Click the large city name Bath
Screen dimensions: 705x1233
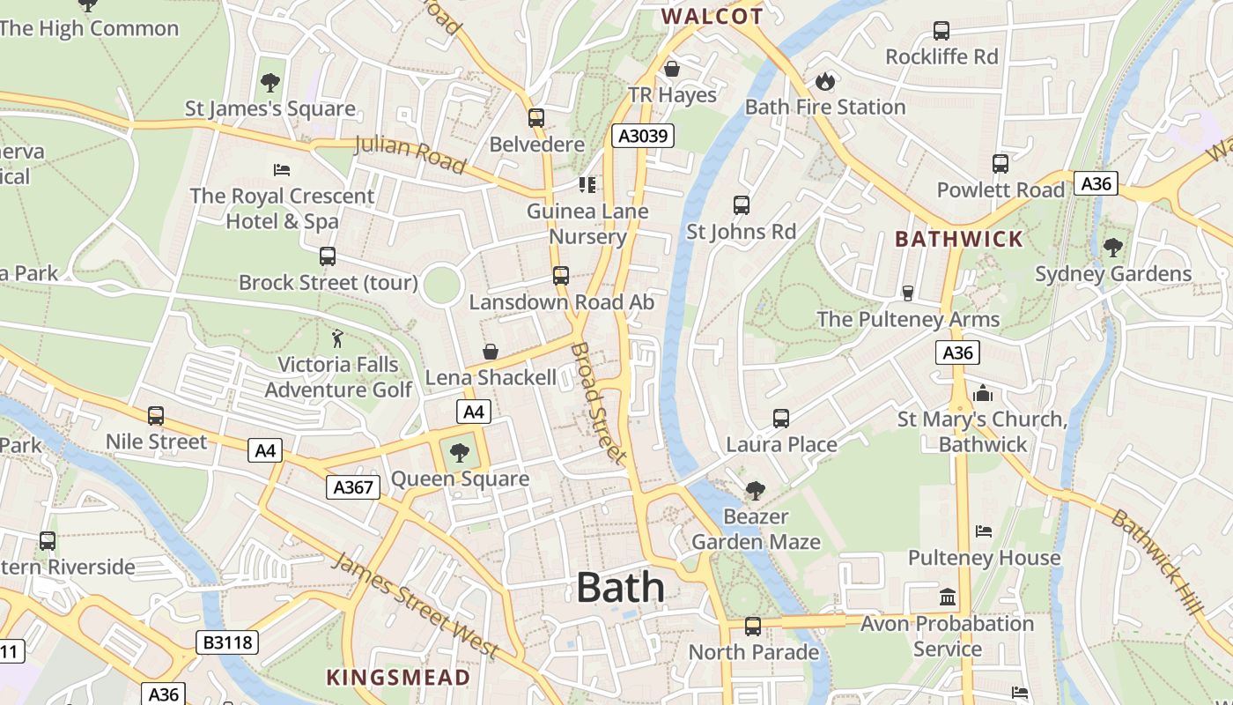[x=620, y=588]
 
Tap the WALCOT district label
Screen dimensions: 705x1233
[x=712, y=17]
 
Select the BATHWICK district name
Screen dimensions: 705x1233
[x=959, y=239]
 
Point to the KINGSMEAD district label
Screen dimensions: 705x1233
[x=398, y=677]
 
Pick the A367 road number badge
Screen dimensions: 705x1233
[x=353, y=486]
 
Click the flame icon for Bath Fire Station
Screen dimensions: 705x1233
[x=824, y=81]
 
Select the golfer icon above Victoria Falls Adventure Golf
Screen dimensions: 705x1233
[x=336, y=338]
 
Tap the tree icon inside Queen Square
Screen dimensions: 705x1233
[x=459, y=453]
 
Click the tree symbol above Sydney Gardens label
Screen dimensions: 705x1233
[x=1113, y=248]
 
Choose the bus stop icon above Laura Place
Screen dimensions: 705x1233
[x=781, y=418]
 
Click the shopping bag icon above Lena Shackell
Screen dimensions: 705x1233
[x=491, y=352]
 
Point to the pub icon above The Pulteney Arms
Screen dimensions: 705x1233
[x=908, y=293]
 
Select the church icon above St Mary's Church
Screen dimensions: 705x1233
[x=983, y=393]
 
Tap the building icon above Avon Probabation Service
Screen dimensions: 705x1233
[x=948, y=597]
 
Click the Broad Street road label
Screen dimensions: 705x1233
[x=598, y=404]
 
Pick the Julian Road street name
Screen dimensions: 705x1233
[x=410, y=154]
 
